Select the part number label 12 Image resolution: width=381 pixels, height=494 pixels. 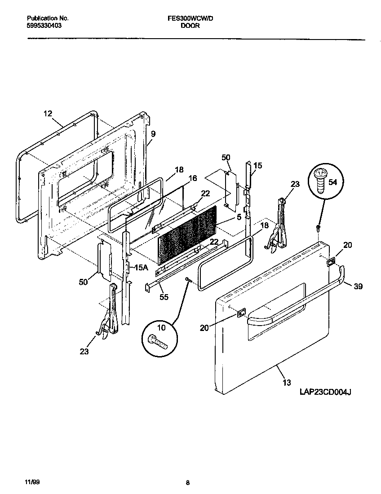point(48,114)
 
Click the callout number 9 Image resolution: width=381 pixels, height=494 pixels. point(153,133)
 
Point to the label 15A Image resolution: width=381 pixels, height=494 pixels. point(141,267)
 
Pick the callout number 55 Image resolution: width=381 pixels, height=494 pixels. point(164,296)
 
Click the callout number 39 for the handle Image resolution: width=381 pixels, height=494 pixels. point(358,286)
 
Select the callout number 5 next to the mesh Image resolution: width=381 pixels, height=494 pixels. point(239,216)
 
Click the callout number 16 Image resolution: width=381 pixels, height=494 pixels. point(192,178)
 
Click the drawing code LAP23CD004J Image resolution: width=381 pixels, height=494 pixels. point(325,392)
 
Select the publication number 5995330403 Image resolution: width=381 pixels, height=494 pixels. point(44,26)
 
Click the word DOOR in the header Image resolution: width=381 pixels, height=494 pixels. point(190,26)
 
